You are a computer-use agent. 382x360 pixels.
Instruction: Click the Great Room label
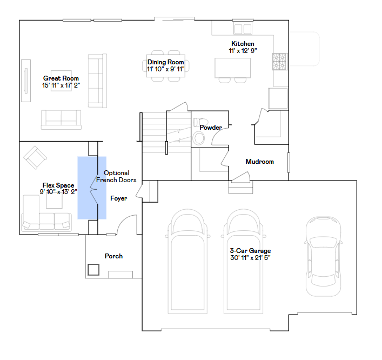click(x=61, y=78)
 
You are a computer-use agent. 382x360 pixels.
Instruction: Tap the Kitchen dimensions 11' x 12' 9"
click(x=243, y=50)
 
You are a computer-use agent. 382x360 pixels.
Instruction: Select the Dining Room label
click(x=166, y=62)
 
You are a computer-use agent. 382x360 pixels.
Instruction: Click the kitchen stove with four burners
click(x=279, y=62)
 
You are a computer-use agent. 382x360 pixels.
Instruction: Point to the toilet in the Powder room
click(x=199, y=138)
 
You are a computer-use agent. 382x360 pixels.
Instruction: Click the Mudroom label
click(x=259, y=162)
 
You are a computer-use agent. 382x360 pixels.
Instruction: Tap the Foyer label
click(x=119, y=198)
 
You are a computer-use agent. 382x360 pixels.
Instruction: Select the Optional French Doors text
click(x=116, y=177)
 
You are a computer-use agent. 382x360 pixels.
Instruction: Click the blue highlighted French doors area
click(x=91, y=188)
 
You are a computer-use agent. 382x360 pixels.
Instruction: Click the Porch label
click(x=113, y=256)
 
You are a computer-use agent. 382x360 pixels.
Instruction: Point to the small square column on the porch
click(x=93, y=269)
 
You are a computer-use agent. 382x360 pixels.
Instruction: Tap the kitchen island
click(x=233, y=68)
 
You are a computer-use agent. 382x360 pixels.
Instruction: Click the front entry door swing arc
click(x=126, y=224)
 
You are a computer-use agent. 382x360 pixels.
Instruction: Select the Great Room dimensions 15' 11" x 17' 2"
click(x=61, y=85)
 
